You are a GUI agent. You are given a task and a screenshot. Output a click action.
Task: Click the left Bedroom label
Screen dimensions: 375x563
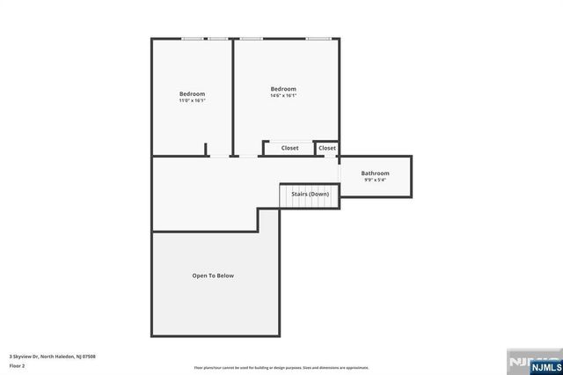pos(192,94)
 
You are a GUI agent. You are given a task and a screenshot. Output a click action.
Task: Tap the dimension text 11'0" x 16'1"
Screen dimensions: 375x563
pos(192,101)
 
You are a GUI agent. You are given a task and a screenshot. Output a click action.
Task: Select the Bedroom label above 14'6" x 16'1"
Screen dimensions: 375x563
pos(283,89)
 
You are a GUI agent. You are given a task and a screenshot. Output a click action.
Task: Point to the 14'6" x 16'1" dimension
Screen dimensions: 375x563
pos(283,96)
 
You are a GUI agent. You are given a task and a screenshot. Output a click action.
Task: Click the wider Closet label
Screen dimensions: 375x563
pos(290,148)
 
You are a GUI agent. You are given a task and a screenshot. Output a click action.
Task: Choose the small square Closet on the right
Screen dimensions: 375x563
pos(327,148)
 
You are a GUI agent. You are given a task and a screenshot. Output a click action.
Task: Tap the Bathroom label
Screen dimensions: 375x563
pos(375,173)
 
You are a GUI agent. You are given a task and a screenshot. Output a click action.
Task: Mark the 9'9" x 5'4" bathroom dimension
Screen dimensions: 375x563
pos(375,180)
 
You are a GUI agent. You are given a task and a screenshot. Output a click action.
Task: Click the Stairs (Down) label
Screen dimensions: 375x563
pos(310,194)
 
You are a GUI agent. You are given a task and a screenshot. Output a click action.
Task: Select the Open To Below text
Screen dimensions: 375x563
pos(213,276)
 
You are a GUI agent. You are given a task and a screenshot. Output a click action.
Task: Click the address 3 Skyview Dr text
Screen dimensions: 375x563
pos(52,356)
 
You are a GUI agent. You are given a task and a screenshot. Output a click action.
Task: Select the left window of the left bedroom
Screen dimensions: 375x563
pos(193,39)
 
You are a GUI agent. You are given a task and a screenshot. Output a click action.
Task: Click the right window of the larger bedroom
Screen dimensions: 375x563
pos(319,39)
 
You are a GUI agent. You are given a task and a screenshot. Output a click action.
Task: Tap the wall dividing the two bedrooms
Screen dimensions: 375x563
pos(233,97)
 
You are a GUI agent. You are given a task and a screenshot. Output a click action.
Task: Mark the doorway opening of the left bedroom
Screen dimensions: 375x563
pos(220,157)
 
